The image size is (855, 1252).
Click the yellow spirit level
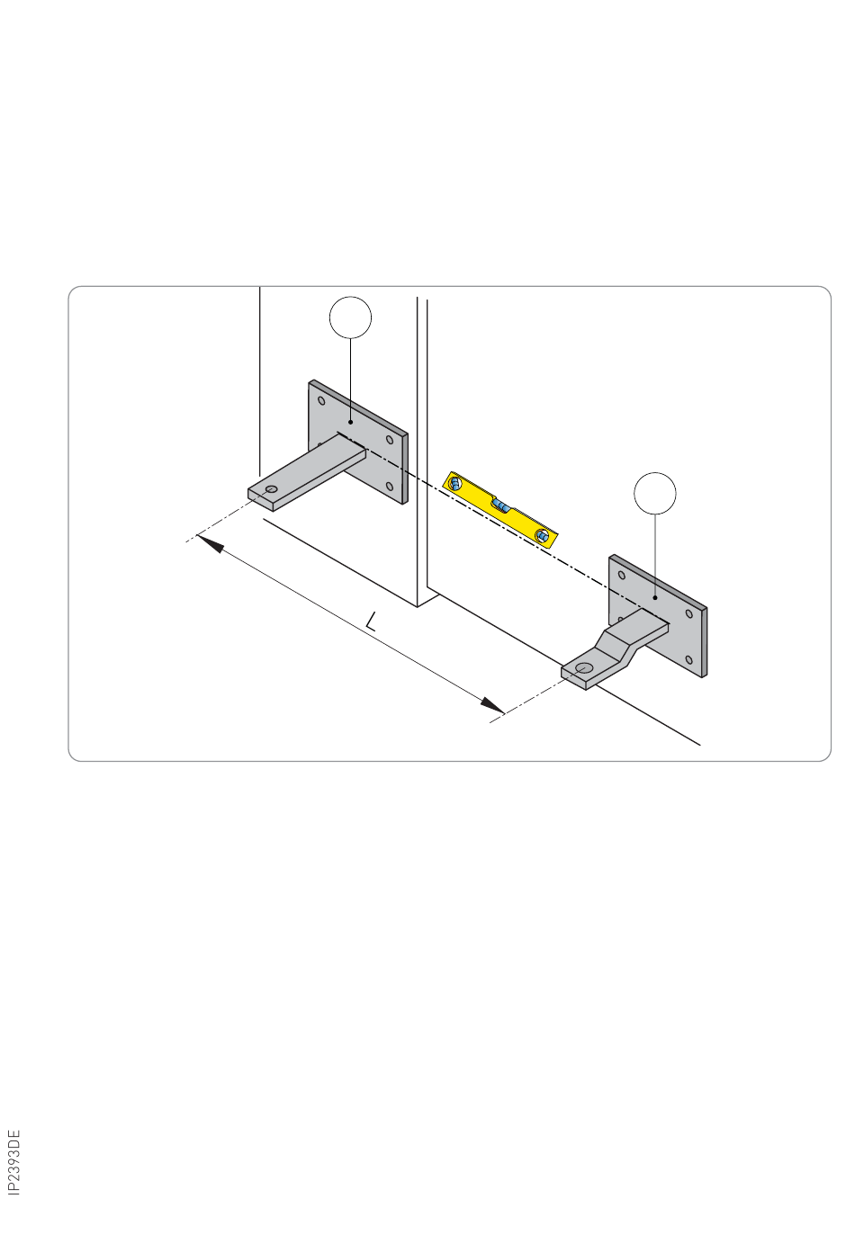coord(499,509)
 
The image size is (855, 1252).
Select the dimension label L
coord(371,621)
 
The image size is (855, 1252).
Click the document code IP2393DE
coord(14,1162)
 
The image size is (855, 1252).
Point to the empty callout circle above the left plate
coord(350,317)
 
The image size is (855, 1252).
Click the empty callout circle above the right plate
coord(655,493)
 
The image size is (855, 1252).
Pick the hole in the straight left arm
coord(272,489)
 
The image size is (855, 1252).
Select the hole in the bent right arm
coord(584,668)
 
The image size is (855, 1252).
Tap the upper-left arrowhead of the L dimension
coord(210,543)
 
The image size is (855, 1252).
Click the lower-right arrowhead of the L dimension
coord(492,705)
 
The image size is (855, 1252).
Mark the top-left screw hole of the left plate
coord(321,400)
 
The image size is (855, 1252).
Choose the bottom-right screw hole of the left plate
coord(389,486)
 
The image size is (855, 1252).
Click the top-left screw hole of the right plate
coord(621,575)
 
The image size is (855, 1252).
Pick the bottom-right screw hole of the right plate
coord(688,659)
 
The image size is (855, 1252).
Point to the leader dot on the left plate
coord(351,422)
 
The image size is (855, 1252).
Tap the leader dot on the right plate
coord(655,597)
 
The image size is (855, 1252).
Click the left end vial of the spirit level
coord(455,484)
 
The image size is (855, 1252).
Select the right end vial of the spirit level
coord(542,535)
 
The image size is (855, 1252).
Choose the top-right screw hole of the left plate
coord(389,440)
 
